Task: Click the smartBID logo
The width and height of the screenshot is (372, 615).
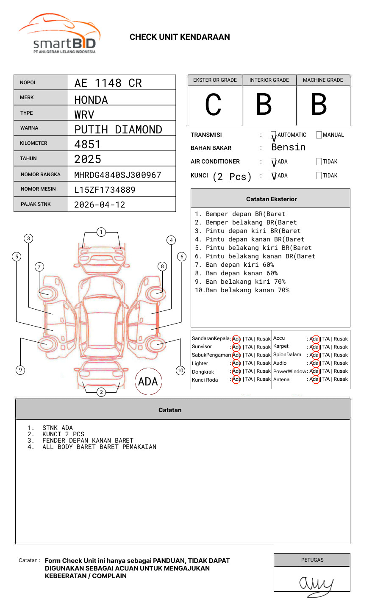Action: click(60, 34)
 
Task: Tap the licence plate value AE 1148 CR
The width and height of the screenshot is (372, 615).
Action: click(108, 83)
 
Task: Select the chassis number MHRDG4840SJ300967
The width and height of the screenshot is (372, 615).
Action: click(118, 175)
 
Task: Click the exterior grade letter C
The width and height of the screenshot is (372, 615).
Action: click(214, 105)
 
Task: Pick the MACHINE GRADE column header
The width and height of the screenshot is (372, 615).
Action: click(323, 80)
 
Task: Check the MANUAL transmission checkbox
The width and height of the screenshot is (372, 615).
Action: click(319, 135)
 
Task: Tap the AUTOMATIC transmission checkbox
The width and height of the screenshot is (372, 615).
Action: click(274, 135)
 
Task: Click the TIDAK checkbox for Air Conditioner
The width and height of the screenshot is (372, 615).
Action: click(319, 162)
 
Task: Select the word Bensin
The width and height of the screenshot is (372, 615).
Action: click(289, 147)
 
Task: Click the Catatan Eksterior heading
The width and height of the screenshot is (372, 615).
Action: click(271, 199)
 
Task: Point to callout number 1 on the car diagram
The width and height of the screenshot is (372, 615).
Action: click(101, 232)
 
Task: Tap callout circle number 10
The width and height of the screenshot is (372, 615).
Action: click(180, 371)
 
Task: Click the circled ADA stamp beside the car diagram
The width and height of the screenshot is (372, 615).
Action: click(148, 382)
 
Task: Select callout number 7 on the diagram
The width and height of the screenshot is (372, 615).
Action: click(39, 266)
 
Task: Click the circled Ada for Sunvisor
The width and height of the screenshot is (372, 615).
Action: click(236, 347)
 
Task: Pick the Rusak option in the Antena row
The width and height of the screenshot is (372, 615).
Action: click(341, 380)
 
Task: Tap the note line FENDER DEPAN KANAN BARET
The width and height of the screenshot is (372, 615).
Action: click(88, 440)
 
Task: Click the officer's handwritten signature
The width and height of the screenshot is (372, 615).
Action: click(315, 585)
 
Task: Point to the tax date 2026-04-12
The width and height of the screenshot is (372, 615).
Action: click(100, 205)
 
